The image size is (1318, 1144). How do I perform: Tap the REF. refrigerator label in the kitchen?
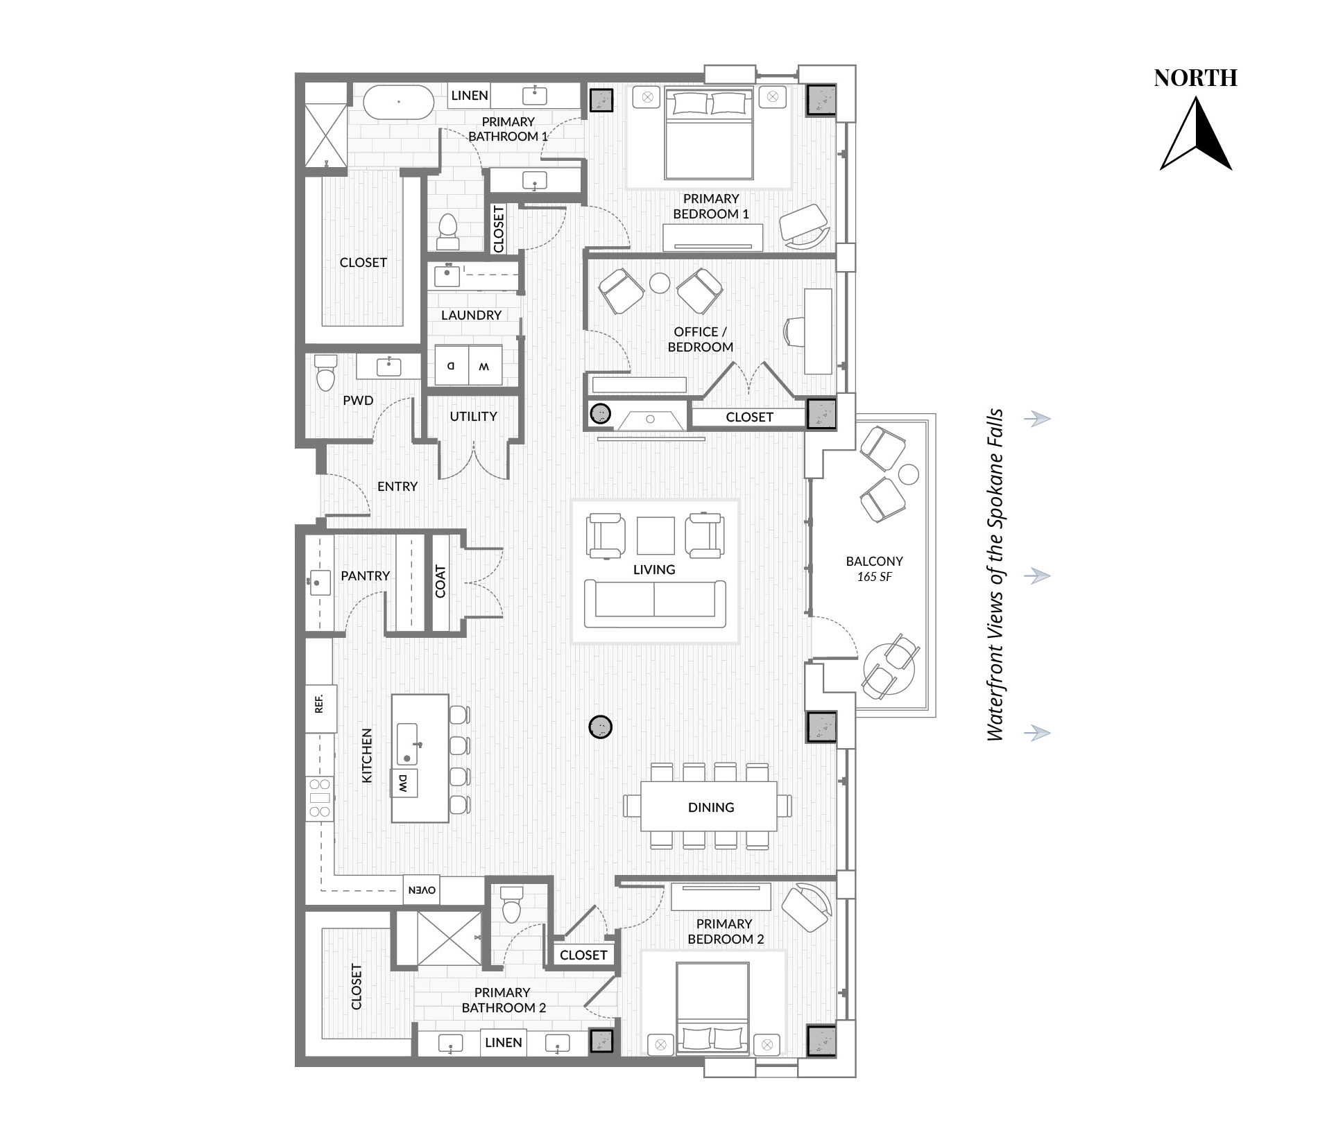320,704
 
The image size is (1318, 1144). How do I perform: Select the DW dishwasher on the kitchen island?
404,783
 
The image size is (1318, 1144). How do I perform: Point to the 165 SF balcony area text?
874,577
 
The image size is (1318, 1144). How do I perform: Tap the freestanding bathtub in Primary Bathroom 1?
399,103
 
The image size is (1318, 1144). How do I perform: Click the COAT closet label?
440,581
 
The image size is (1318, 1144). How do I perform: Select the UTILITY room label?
473,417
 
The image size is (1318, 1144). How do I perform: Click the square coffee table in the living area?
656,536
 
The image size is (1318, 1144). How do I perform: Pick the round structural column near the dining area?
600,727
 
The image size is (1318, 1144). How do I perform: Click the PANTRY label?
365,575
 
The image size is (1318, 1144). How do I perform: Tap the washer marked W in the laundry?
486,365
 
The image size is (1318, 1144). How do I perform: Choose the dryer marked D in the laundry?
452,365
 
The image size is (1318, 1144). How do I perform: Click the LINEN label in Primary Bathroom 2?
504,1042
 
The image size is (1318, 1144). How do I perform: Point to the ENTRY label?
397,487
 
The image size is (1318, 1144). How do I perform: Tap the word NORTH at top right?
1196,78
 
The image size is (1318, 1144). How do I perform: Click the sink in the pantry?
318,583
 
